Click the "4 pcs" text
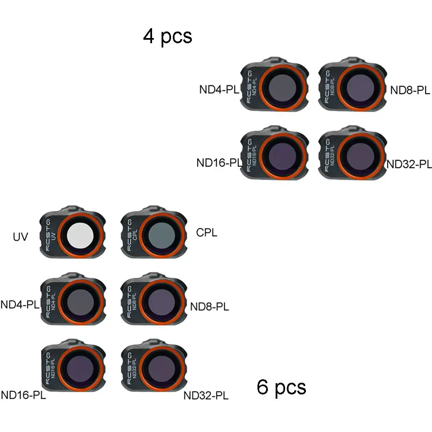coord(168,36)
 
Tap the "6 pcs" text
coord(281,387)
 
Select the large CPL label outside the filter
coord(206,233)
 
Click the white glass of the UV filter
coord(82,234)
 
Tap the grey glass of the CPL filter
coord(161,234)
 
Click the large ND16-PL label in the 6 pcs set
coord(23,395)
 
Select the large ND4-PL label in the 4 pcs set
coord(219,89)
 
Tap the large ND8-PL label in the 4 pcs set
coord(410,90)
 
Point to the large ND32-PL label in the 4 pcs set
coord(409,164)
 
